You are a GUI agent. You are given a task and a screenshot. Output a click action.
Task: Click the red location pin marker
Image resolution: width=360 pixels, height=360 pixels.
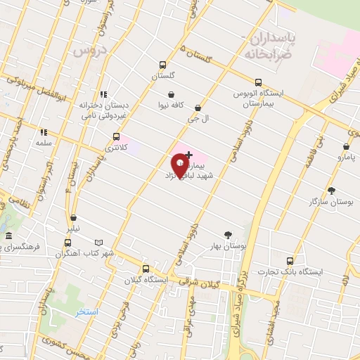pos(180,167)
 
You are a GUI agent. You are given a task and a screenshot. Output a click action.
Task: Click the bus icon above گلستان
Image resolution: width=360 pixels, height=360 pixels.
pos(162,63)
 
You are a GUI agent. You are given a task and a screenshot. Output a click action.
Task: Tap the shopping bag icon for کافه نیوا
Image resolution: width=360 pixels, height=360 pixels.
pos(171,94)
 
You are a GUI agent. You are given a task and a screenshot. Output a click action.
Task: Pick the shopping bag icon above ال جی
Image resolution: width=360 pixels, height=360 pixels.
pos(198,108)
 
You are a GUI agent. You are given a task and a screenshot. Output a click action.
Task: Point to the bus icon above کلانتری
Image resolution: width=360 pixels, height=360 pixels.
pos(116,137)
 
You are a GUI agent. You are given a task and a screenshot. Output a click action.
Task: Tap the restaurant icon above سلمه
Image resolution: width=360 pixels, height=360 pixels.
pos(43,131)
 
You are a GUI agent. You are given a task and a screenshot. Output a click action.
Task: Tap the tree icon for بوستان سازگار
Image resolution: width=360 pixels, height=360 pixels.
pos(331,191)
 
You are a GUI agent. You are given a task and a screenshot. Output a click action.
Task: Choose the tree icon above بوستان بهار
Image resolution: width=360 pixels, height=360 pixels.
pos(228,235)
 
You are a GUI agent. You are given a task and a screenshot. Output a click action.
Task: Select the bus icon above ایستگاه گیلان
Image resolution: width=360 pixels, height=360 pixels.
pos(146,268)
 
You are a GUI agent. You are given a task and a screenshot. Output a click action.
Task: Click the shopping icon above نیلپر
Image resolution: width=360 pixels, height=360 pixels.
pos(74,218)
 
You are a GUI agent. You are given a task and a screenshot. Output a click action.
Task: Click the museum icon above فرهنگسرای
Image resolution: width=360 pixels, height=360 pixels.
pos(8,236)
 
